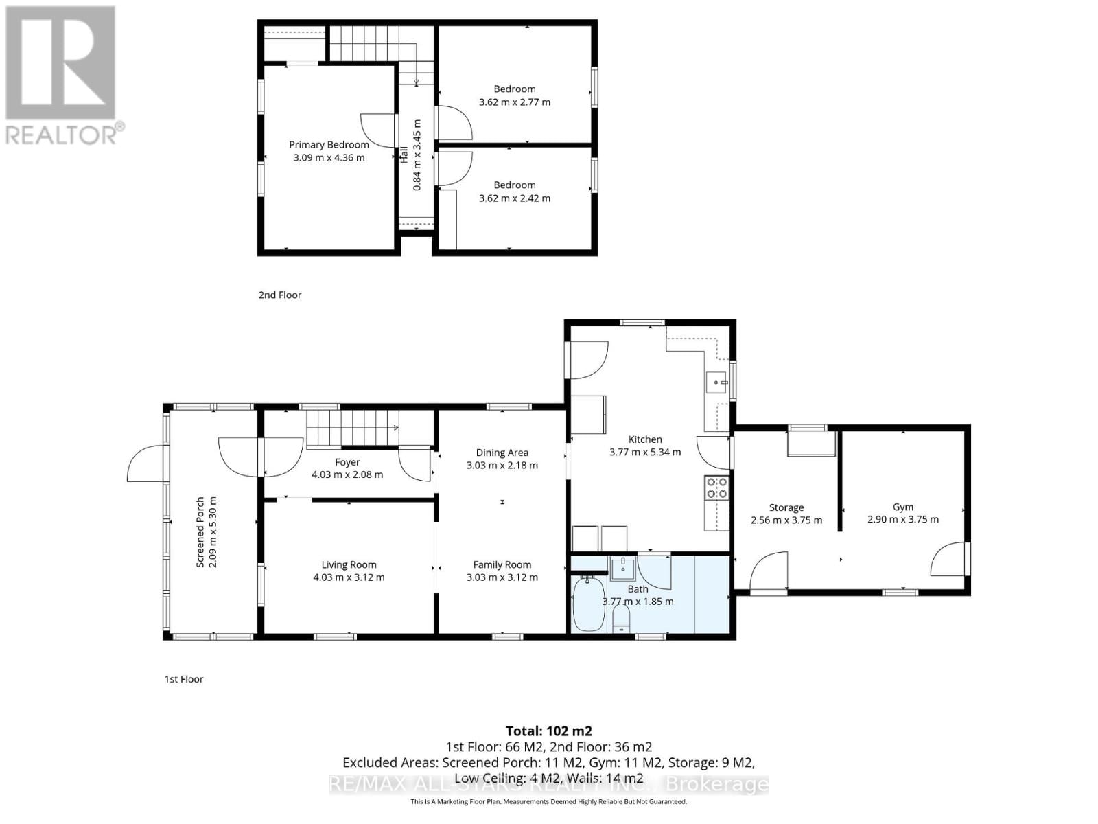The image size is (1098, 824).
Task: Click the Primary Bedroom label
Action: click(x=329, y=144)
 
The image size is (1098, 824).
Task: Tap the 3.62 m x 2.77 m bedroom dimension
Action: click(x=514, y=102)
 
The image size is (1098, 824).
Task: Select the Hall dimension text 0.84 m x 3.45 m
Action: click(x=417, y=154)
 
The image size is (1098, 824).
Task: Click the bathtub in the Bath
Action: click(x=588, y=604)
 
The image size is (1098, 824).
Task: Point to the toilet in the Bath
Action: click(x=621, y=617)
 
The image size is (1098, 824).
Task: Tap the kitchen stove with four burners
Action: click(x=716, y=488)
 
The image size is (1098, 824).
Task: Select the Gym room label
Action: click(x=902, y=507)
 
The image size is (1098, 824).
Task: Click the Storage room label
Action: click(x=786, y=507)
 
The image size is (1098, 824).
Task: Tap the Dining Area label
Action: click(x=502, y=453)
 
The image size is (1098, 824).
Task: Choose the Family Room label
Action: click(x=502, y=564)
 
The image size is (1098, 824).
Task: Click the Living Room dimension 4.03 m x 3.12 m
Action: click(x=349, y=577)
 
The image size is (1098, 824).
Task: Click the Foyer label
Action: click(x=347, y=462)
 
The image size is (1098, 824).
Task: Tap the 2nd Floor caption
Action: click(x=279, y=295)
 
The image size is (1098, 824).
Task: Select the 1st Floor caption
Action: click(x=184, y=679)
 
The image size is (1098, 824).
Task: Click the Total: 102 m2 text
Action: click(x=548, y=731)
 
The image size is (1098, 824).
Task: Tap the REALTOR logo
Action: click(x=62, y=76)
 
